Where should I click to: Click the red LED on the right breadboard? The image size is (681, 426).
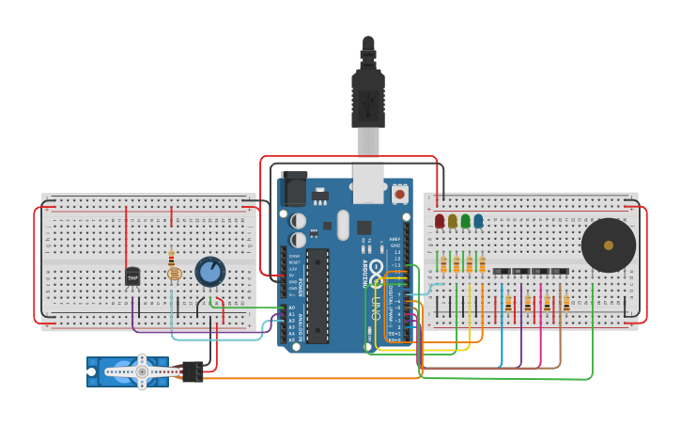point(440,221)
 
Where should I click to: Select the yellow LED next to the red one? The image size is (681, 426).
point(453,221)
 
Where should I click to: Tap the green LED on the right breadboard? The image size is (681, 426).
point(465,221)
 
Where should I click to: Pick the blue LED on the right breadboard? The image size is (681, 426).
point(478,221)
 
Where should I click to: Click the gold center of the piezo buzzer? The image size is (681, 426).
point(609,245)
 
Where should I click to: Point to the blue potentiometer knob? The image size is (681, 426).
point(210,272)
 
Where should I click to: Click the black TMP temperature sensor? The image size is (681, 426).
point(132,276)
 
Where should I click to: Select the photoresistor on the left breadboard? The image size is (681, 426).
point(173,274)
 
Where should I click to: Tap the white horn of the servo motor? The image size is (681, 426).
point(142,372)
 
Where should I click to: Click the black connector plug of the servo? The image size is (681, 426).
point(193,372)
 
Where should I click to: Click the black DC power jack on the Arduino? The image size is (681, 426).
point(294,188)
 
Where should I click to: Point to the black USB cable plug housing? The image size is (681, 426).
point(367,98)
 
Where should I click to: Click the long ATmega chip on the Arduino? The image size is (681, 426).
point(317,295)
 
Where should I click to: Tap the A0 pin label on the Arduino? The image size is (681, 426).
point(291,308)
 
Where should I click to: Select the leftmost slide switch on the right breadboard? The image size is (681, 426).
point(502,272)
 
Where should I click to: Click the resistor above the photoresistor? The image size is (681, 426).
point(171,257)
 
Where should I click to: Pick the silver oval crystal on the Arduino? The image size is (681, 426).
point(343,225)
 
